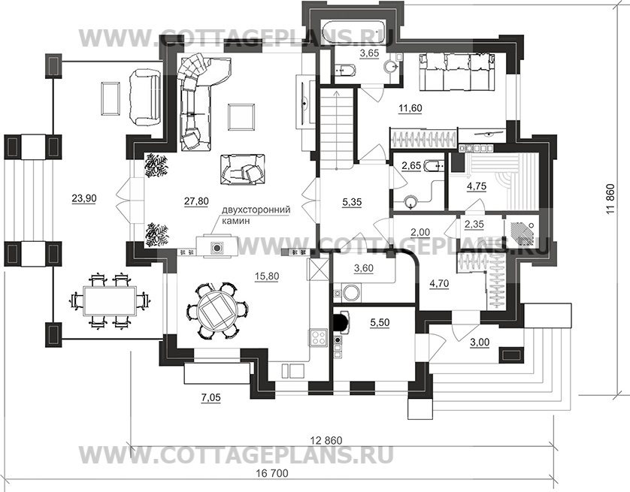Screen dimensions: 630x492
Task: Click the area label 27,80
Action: [x=196, y=201]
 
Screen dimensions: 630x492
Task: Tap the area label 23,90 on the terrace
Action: [x=84, y=198]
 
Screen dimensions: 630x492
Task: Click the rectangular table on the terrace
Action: [x=110, y=300]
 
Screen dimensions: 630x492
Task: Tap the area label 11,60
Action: [x=410, y=108]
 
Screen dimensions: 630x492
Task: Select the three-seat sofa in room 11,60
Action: [x=457, y=72]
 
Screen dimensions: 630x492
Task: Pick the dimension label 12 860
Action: [x=326, y=440]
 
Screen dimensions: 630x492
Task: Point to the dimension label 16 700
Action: [x=272, y=473]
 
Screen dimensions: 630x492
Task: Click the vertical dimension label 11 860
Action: [x=610, y=199]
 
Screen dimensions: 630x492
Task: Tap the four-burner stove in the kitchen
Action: [x=318, y=337]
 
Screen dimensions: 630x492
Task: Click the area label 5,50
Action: [x=380, y=323]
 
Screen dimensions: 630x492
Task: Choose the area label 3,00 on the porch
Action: [x=480, y=342]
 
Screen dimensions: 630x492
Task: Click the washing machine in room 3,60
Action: [x=352, y=292]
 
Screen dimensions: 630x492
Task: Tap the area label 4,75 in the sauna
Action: [x=477, y=186]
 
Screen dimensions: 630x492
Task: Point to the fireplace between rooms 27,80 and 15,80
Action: [x=217, y=247]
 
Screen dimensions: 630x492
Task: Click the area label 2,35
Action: [x=474, y=224]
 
